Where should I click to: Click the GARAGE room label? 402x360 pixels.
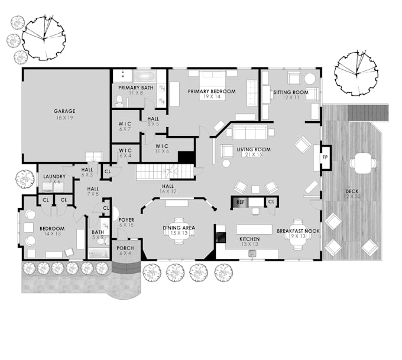(x=64, y=111)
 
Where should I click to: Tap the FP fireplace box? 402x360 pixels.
(x=325, y=158)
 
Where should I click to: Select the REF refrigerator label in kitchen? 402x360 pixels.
(x=240, y=202)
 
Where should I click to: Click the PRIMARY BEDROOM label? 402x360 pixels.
(x=212, y=92)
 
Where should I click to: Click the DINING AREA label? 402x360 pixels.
(x=179, y=228)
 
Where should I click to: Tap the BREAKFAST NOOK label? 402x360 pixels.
(x=298, y=231)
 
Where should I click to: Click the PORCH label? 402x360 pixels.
(x=125, y=248)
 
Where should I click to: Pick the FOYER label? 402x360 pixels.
(x=127, y=219)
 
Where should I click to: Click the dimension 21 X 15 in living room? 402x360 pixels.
(x=253, y=155)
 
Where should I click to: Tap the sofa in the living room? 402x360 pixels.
(x=251, y=132)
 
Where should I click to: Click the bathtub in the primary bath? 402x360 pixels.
(x=144, y=76)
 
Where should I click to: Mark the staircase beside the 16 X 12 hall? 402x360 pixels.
(x=165, y=172)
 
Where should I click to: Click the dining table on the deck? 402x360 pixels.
(x=361, y=163)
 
